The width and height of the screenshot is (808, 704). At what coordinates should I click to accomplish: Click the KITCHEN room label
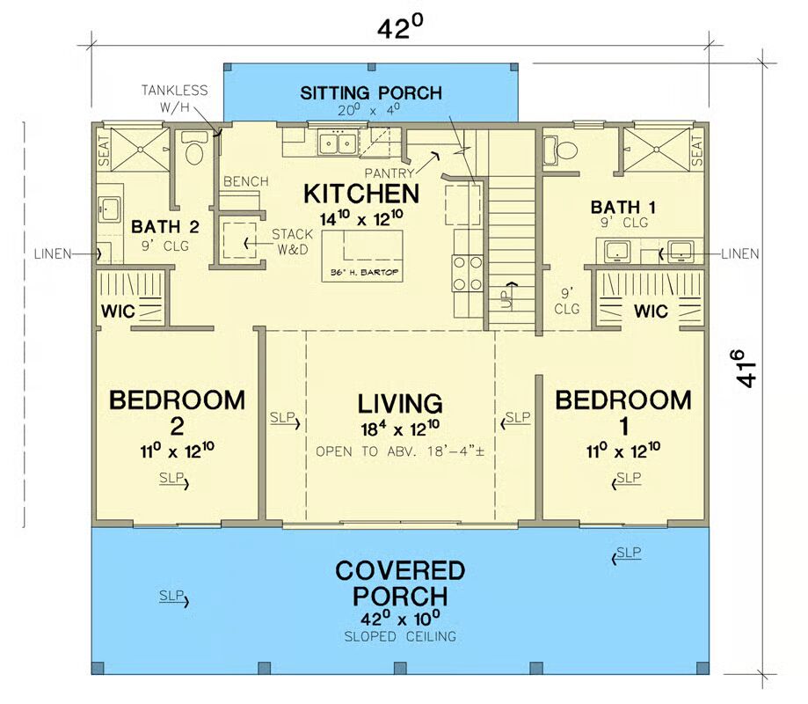tap(360, 193)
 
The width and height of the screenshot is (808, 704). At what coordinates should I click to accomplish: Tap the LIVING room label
tap(399, 404)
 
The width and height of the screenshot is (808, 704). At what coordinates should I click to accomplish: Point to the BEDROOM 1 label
tap(623, 400)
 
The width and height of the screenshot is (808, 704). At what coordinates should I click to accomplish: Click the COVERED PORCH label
tap(400, 583)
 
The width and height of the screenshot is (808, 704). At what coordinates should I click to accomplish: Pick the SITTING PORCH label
tap(370, 92)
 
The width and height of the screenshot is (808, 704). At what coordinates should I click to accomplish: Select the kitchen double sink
tap(336, 142)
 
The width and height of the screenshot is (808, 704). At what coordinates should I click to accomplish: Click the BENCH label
tap(245, 181)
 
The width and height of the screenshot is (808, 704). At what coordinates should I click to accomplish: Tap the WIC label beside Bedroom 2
tap(117, 312)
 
